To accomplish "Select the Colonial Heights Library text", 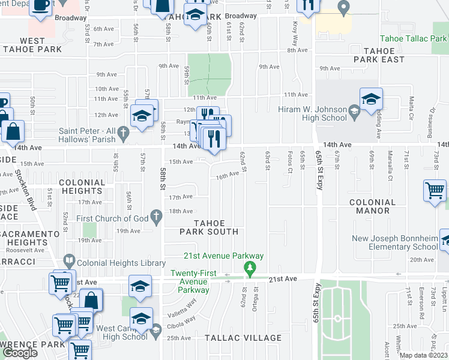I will (x=121, y=263).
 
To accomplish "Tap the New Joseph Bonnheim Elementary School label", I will (x=395, y=242).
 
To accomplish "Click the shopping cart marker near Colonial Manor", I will (x=435, y=190).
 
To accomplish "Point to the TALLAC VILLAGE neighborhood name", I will (x=243, y=338).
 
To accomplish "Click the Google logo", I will (x=20, y=352).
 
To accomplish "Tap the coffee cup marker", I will (x=41, y=5).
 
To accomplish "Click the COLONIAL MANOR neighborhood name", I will (x=373, y=207).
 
